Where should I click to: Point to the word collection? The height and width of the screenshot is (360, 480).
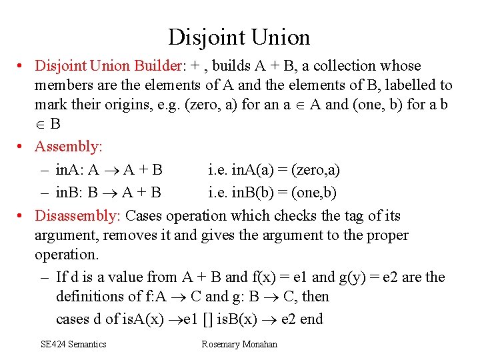[x=351, y=66]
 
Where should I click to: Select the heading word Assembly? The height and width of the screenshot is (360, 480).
[x=67, y=146]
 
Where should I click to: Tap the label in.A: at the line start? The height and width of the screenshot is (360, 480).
[x=70, y=170]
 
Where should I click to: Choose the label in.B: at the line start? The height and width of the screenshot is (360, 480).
[x=70, y=193]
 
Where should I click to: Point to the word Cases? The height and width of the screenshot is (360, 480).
[x=145, y=216]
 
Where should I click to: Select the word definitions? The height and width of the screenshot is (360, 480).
[x=91, y=297]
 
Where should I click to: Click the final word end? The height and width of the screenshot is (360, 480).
[x=311, y=319]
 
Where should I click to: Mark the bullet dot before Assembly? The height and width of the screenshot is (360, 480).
[x=22, y=146]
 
